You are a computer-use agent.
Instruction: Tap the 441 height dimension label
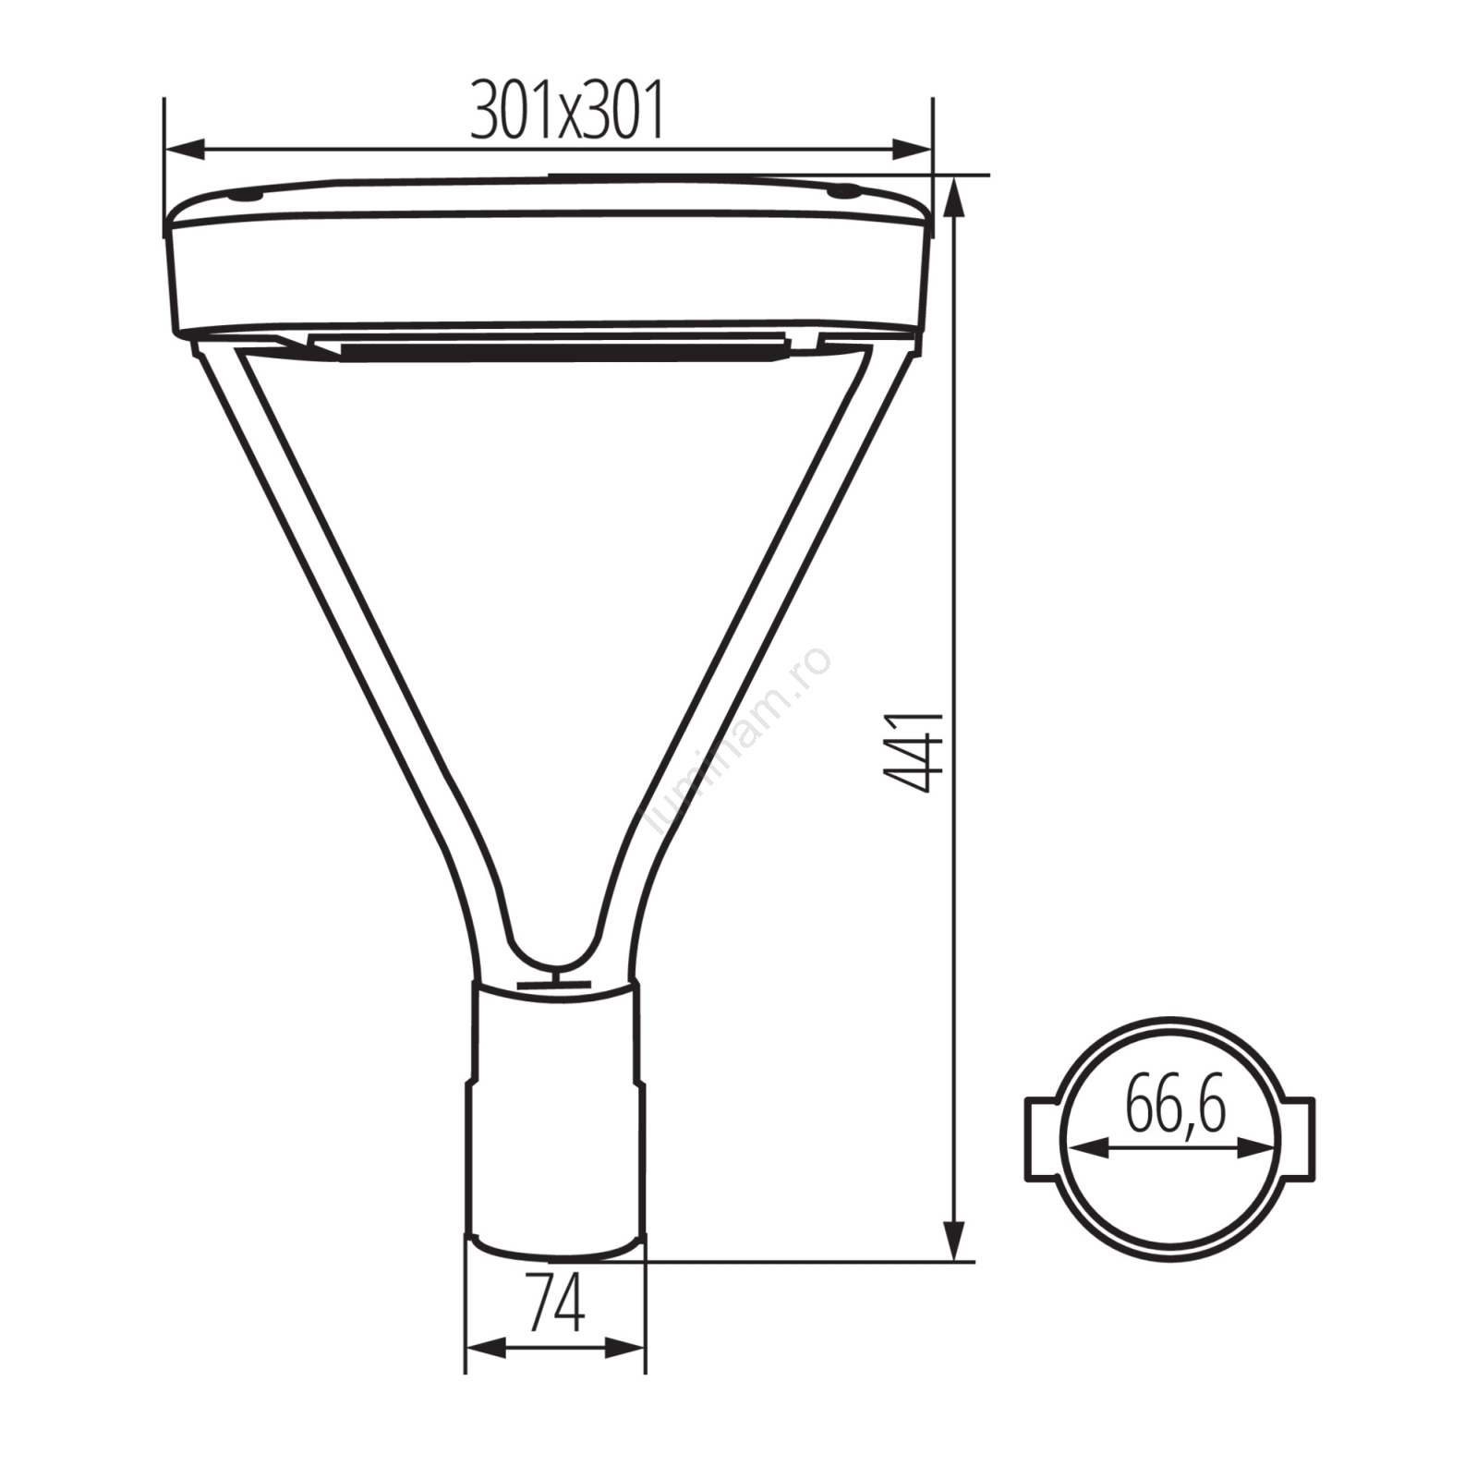tap(914, 751)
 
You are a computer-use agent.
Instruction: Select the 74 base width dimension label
tap(556, 1302)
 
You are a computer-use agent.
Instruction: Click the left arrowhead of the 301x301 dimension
tap(185, 149)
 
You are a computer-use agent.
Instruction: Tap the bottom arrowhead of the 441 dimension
tap(954, 1240)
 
